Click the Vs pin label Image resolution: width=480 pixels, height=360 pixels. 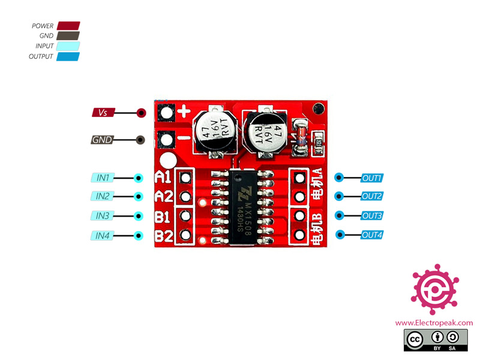pyautogui.click(x=103, y=113)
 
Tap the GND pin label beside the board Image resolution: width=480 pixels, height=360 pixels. pyautogui.click(x=101, y=140)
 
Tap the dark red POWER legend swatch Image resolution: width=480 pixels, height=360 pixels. pyautogui.click(x=68, y=26)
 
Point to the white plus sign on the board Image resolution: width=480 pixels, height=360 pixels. pyautogui.click(x=185, y=111)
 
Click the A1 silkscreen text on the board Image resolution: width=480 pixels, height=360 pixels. pyautogui.click(x=163, y=178)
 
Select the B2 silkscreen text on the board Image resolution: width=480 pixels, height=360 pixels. pyautogui.click(x=163, y=236)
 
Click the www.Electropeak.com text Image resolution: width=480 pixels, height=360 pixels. pyautogui.click(x=434, y=323)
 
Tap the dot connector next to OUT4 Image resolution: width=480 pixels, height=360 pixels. pyautogui.click(x=340, y=235)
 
